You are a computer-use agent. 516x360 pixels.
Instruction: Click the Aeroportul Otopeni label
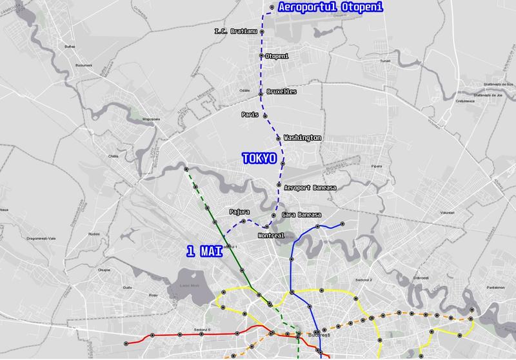pos(321,8)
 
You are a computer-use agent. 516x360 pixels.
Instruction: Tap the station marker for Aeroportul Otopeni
pos(272,7)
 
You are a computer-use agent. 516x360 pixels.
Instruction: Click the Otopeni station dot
pos(261,56)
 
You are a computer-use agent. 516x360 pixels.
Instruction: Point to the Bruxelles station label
pos(281,92)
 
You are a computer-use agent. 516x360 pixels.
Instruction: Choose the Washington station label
pos(302,138)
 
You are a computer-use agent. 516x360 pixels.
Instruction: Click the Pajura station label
pos(239,211)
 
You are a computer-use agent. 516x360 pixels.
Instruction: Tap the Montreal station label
pos(270,235)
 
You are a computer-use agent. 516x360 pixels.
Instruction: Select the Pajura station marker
pos(243,221)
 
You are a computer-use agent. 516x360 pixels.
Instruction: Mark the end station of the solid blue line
pos(342,224)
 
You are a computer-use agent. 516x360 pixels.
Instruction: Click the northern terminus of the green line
pos(186,169)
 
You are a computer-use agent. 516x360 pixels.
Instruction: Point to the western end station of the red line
pos(127,342)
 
